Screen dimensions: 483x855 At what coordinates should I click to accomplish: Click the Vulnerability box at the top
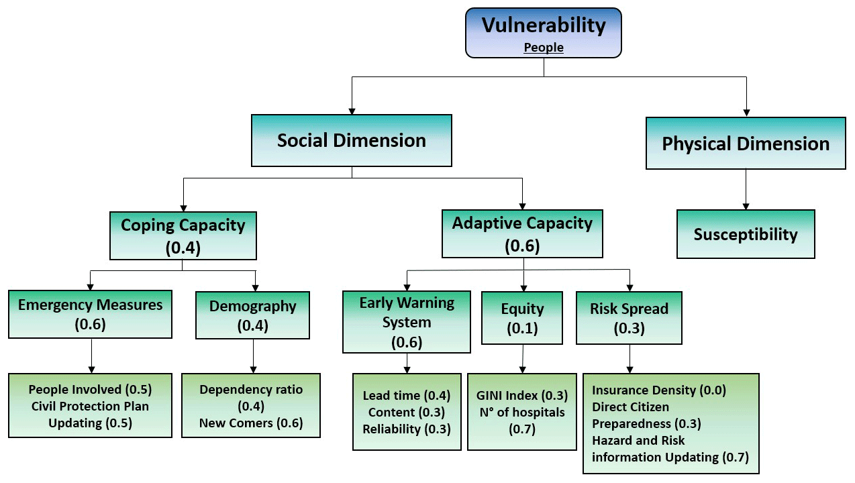(544, 32)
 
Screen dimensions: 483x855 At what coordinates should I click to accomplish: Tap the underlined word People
(544, 48)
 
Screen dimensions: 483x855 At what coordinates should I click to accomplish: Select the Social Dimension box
(351, 140)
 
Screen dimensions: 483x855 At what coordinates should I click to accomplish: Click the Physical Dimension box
(746, 144)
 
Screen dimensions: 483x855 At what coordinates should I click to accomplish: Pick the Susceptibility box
(746, 234)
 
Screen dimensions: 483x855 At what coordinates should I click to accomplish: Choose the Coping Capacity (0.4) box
(183, 235)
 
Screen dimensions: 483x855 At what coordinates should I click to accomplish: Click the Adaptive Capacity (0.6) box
(522, 233)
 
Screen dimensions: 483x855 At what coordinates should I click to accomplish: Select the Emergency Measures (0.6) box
(91, 314)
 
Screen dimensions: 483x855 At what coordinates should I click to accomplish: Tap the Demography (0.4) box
(252, 315)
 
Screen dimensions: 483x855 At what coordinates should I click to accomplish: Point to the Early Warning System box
(407, 321)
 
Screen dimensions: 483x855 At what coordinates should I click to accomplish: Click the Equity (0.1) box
(522, 317)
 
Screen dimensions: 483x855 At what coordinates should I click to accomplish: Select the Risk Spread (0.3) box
(629, 317)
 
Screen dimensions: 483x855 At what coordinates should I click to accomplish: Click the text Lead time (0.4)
(407, 396)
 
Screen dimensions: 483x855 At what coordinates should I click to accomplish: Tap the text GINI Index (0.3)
(522, 395)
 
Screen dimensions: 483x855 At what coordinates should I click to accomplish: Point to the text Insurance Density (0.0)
(659, 390)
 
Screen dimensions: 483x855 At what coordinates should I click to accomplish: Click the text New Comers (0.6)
(251, 423)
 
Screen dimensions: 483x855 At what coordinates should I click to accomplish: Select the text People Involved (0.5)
(90, 389)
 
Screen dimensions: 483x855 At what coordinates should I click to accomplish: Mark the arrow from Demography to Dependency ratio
(253, 356)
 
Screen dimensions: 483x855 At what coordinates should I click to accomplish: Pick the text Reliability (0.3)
(407, 429)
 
